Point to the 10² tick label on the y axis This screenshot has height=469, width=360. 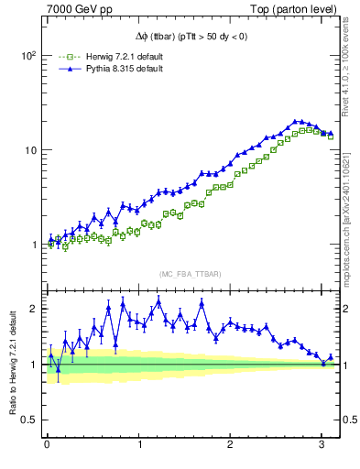pyautogui.click(x=27, y=55)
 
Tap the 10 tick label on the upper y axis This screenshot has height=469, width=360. pyautogui.click(x=28, y=149)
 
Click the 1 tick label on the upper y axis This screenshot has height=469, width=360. pyautogui.click(x=33, y=245)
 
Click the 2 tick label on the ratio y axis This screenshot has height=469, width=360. pyautogui.click(x=33, y=309)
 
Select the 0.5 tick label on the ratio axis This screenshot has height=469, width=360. pyautogui.click(x=28, y=420)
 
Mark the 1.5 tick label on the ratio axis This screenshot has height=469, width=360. pyautogui.click(x=28, y=336)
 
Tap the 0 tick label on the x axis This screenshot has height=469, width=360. pyautogui.click(x=47, y=445)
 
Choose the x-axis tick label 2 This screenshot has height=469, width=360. pyautogui.click(x=230, y=445)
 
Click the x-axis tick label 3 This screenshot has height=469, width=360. pyautogui.click(x=322, y=445)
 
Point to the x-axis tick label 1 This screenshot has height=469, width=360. pyautogui.click(x=139, y=445)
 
